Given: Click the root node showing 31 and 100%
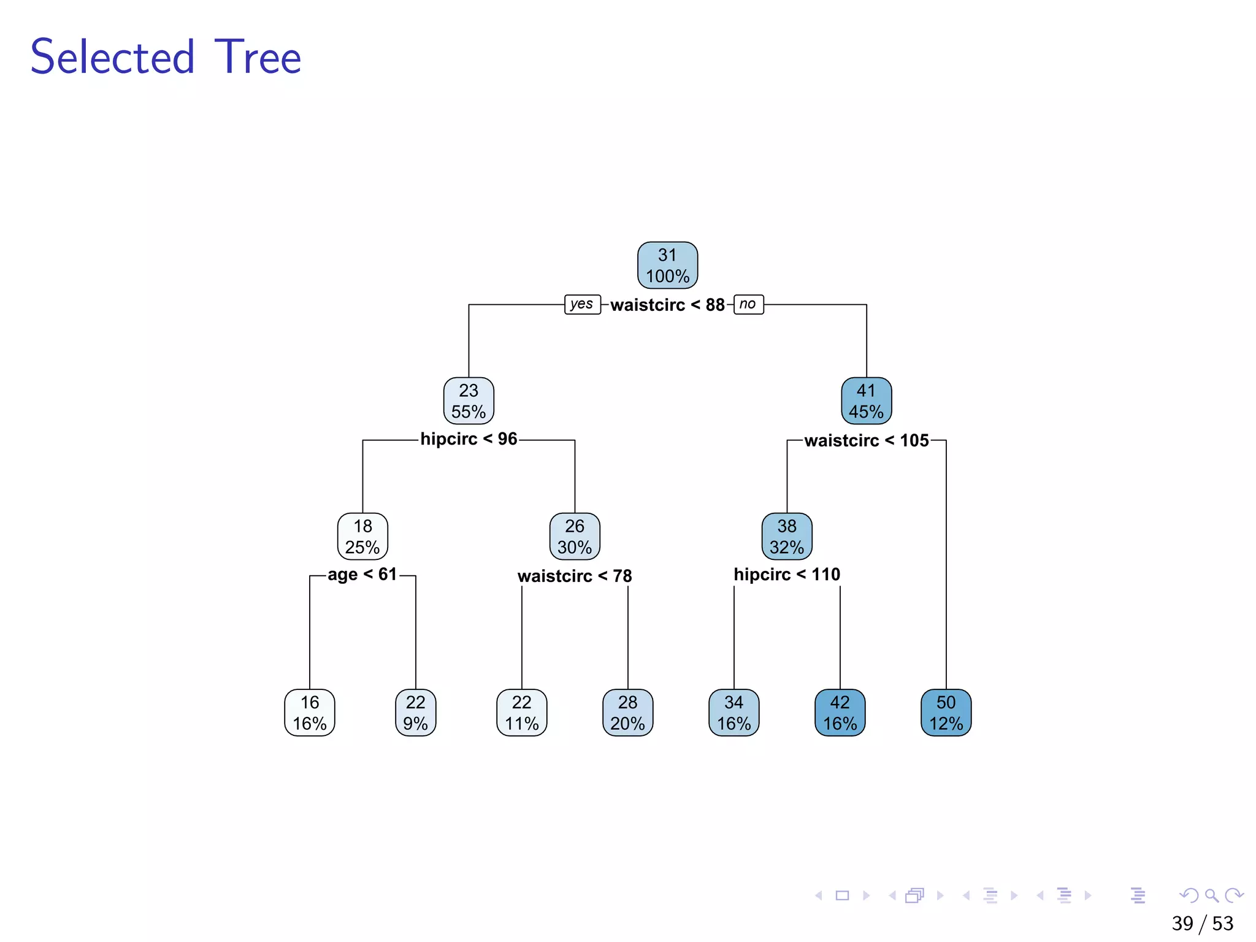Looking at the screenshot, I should [667, 265].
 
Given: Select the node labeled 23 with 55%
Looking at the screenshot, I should [469, 400].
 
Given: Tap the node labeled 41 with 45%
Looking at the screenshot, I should [866, 400].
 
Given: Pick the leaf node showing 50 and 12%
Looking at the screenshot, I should [946, 712].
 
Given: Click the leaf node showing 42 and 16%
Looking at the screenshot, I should [840, 712].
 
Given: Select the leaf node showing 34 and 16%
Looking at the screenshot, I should [733, 712].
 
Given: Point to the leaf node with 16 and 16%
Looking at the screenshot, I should [310, 712].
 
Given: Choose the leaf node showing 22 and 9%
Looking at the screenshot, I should [415, 712].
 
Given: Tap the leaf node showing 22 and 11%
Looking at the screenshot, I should [521, 712].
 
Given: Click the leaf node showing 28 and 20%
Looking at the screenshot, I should [627, 712].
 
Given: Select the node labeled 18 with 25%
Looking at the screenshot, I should [362, 536].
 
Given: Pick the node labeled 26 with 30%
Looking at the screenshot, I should [575, 536].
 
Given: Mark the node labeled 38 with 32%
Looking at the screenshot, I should [787, 536].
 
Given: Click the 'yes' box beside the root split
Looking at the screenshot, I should [582, 304].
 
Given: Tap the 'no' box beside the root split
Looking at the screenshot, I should [748, 304].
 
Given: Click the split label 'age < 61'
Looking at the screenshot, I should [362, 575].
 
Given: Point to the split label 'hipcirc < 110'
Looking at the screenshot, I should [787, 575].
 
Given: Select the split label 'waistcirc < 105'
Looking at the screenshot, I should [866, 440].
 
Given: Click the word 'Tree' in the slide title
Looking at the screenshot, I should [258, 57].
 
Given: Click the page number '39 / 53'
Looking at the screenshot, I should [1202, 923].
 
